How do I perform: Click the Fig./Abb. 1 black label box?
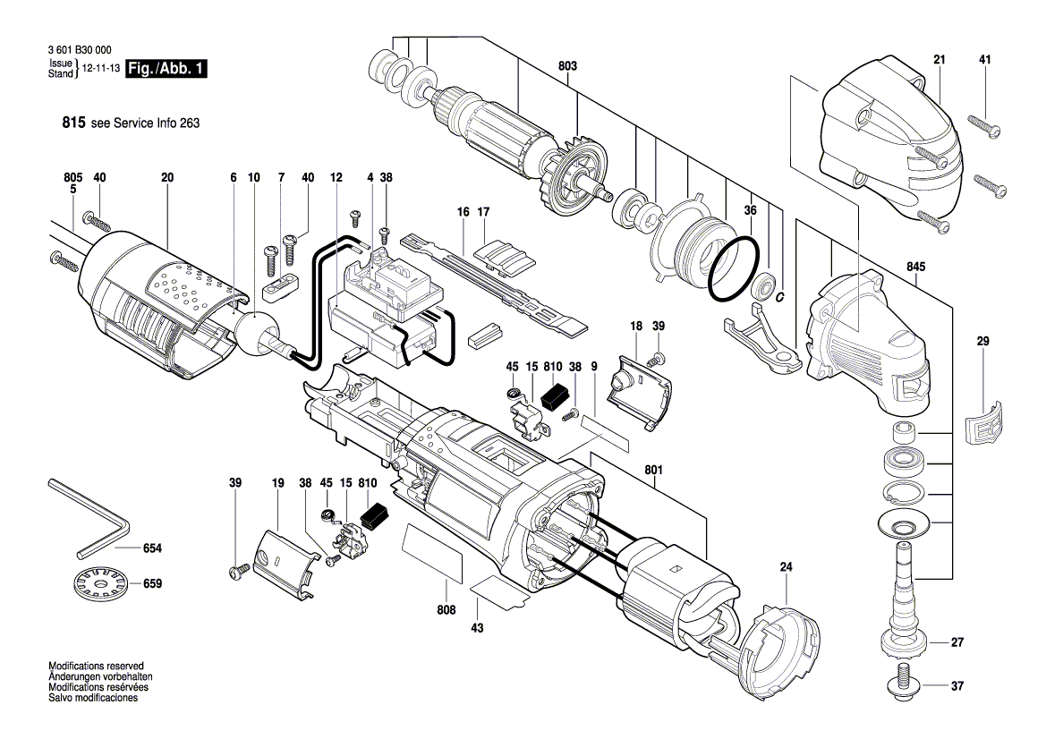pyautogui.click(x=166, y=69)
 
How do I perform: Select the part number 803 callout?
pyautogui.click(x=567, y=66)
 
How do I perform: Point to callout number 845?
pyautogui.click(x=915, y=267)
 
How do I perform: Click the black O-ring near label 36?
pyautogui.click(x=736, y=269)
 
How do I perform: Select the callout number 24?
pyautogui.click(x=787, y=566)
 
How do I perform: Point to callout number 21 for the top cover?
pyautogui.click(x=939, y=60)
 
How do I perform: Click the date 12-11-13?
pyautogui.click(x=100, y=69)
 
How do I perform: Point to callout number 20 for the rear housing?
pyautogui.click(x=167, y=178)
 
